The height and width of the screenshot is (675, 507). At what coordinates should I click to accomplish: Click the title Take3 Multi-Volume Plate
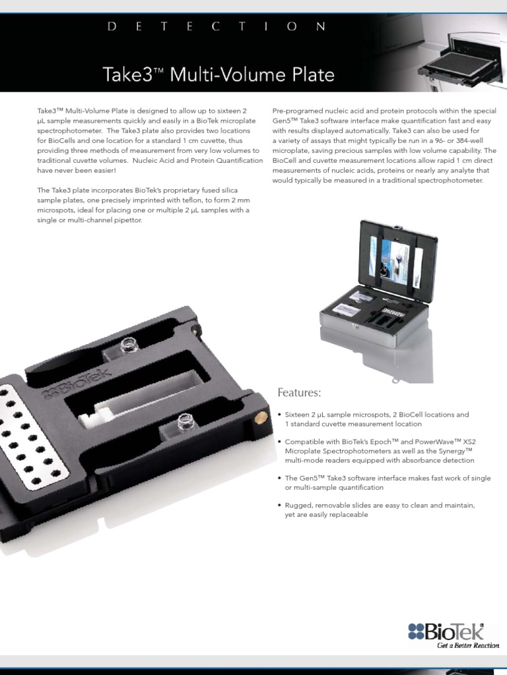coord(219,74)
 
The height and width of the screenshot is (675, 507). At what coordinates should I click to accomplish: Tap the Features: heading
coord(298,393)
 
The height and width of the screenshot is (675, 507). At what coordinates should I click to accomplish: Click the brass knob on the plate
coord(261,417)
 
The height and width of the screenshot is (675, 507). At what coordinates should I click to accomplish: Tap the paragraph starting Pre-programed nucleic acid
coord(384,146)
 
